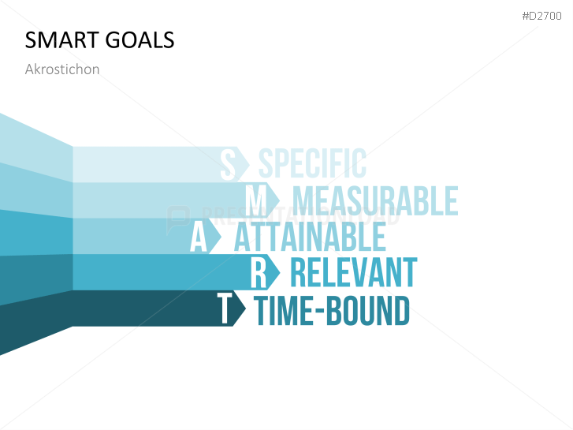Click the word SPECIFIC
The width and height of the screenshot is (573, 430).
[x=312, y=164]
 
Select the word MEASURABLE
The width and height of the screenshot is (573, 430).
[x=375, y=200]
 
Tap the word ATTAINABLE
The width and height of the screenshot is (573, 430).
[x=310, y=237]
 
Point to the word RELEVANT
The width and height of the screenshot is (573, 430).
[x=353, y=273]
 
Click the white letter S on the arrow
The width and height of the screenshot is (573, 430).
[x=228, y=164]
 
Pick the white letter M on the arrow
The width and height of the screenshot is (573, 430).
[x=257, y=200]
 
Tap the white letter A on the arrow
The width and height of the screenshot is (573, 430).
[x=199, y=237]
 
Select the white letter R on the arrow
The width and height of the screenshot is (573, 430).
[x=259, y=273]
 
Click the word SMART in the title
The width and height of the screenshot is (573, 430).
[x=58, y=39]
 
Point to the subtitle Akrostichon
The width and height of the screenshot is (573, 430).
[x=62, y=69]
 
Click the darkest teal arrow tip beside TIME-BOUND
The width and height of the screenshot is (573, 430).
[x=240, y=308]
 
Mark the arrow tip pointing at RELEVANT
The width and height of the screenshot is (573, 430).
[x=274, y=273]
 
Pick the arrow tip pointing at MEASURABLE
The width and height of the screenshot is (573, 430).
[x=273, y=200]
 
